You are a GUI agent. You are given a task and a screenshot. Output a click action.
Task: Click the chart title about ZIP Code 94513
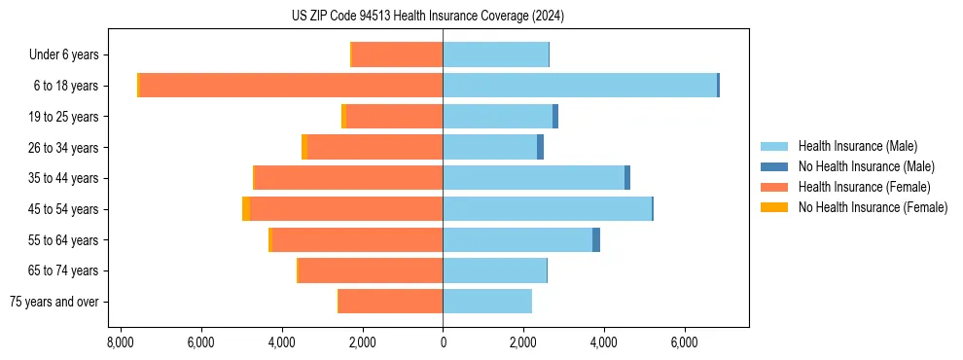(x=427, y=17)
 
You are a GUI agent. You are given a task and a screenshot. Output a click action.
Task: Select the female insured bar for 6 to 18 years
(x=292, y=86)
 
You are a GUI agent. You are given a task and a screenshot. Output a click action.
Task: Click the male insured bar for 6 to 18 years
(x=580, y=86)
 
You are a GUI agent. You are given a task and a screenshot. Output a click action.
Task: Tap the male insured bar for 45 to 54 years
(x=547, y=209)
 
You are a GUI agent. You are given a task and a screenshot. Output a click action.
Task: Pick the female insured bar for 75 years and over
(x=391, y=302)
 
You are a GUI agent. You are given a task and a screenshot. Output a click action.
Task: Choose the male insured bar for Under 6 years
(x=495, y=55)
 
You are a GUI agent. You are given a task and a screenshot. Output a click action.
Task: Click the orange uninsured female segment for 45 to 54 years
(x=246, y=209)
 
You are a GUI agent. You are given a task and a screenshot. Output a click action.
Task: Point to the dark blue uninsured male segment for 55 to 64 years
(x=596, y=240)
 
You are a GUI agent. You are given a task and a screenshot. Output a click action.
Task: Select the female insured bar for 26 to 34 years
(x=375, y=148)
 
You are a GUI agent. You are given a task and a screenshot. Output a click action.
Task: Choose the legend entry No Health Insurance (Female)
(x=873, y=207)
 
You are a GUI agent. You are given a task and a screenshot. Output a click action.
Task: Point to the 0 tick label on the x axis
(x=443, y=342)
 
